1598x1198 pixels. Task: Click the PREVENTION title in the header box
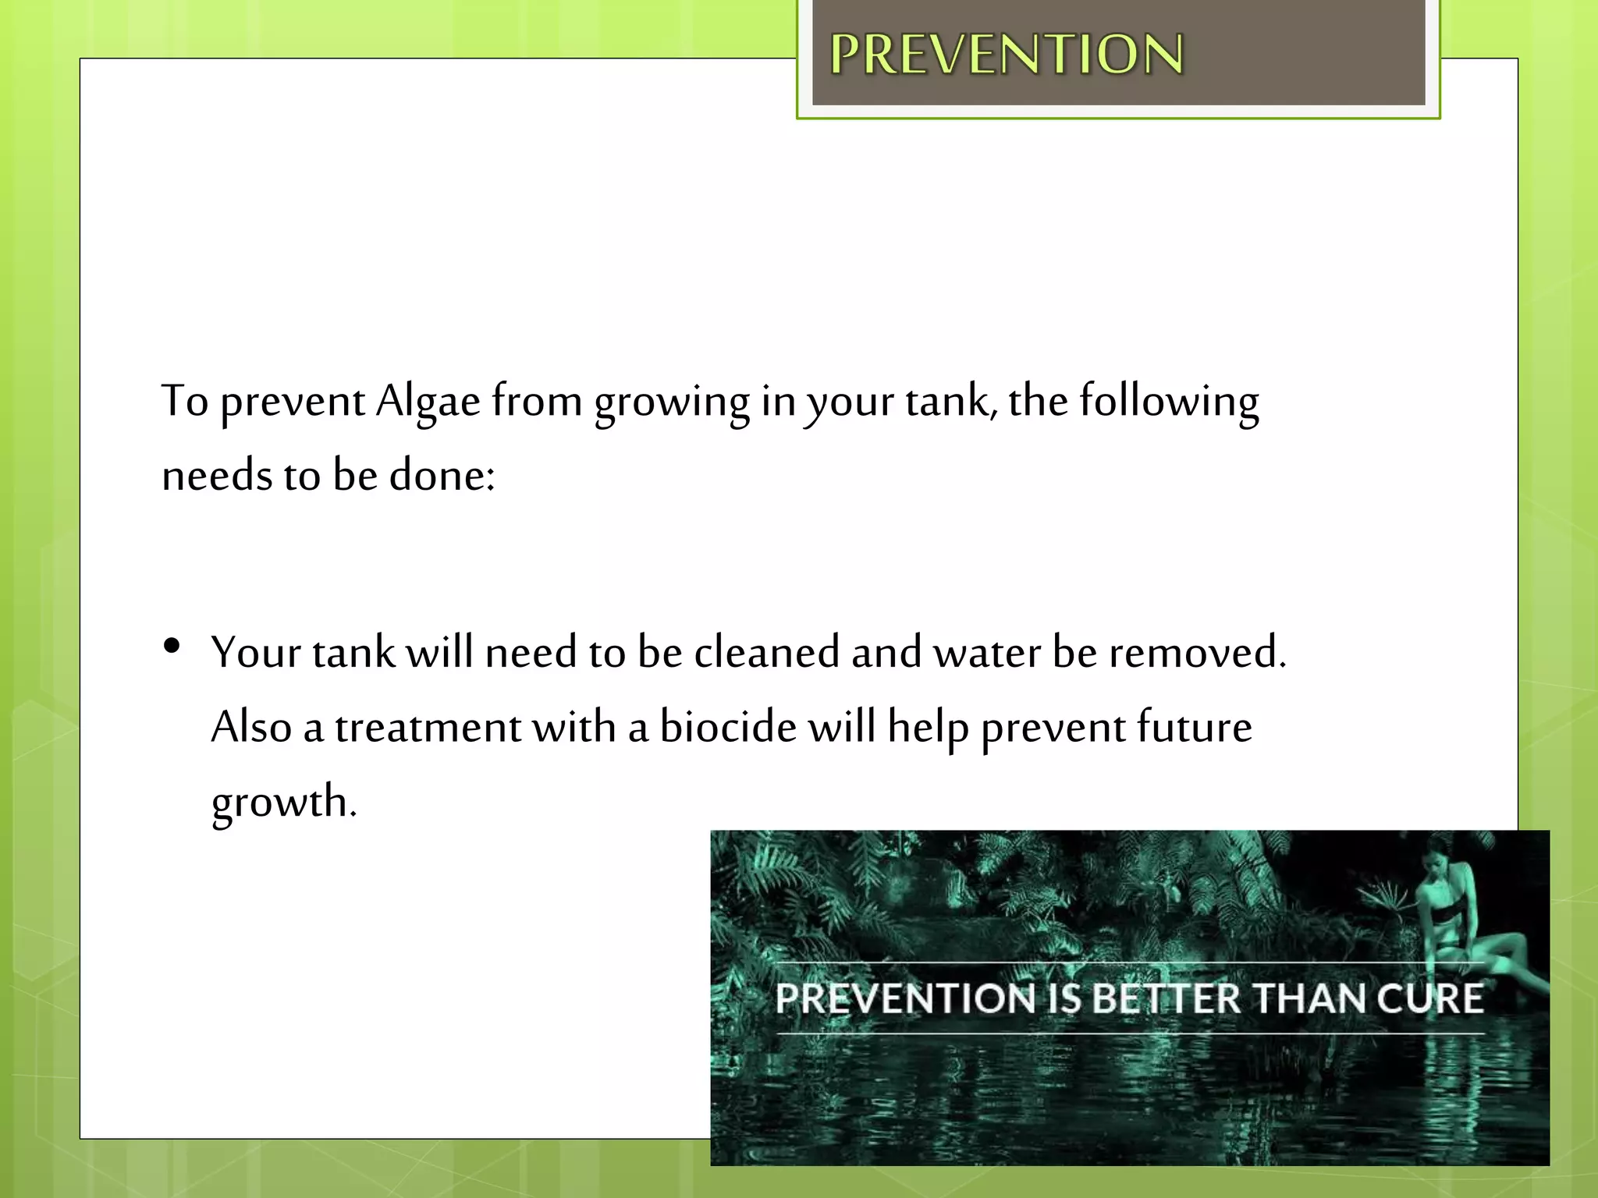point(1007,55)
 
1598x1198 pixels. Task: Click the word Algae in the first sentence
point(428,402)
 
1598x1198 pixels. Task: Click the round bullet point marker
point(172,646)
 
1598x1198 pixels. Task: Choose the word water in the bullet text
point(987,652)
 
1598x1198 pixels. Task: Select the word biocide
point(728,726)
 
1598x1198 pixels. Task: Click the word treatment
point(428,728)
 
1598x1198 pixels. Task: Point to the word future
point(1194,726)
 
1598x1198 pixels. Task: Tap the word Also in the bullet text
point(251,727)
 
